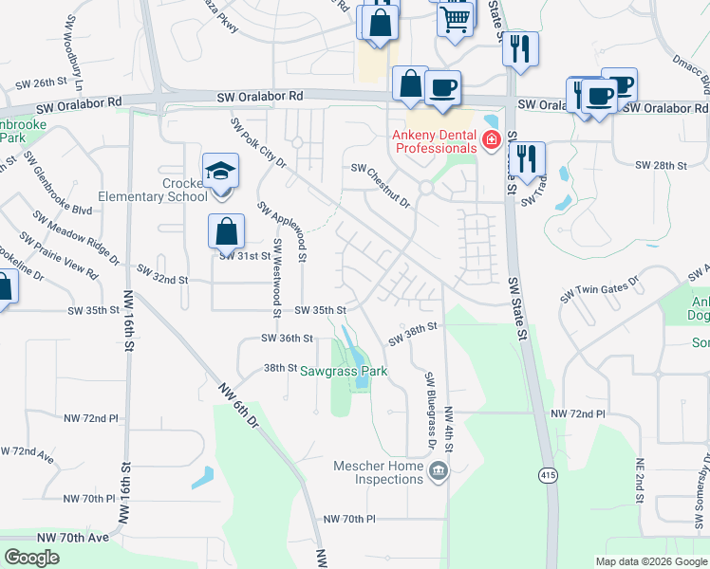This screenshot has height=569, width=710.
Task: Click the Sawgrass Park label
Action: (345, 372)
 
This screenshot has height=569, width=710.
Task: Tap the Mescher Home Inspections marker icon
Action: (438, 471)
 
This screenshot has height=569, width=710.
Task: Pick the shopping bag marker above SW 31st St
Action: (227, 231)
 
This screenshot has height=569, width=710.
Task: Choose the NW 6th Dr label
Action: (237, 407)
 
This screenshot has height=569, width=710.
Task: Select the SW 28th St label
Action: (661, 165)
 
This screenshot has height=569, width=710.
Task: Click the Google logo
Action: (32, 558)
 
